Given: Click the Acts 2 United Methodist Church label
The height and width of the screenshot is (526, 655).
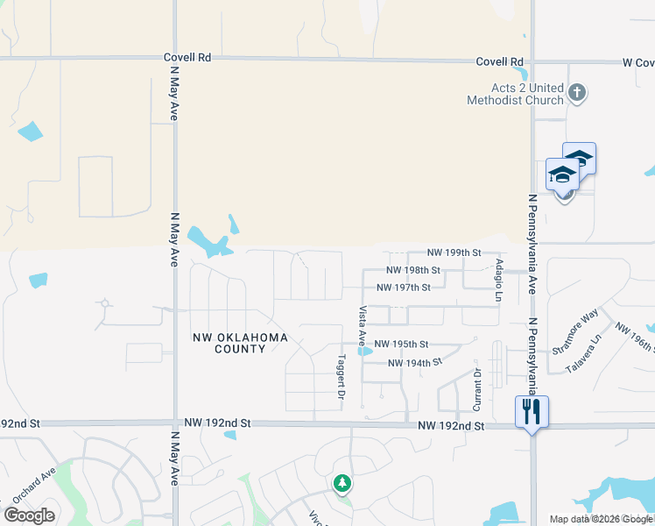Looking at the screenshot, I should (526, 93).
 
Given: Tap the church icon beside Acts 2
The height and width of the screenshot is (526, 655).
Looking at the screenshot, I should (576, 91).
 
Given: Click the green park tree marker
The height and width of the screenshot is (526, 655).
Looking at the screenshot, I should (342, 483).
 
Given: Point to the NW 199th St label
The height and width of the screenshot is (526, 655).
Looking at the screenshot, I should (454, 252).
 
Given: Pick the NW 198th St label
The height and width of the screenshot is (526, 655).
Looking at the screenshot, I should (413, 271).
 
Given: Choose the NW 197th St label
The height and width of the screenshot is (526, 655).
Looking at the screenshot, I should (404, 288).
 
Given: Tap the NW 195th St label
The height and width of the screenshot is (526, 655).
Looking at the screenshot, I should (401, 345).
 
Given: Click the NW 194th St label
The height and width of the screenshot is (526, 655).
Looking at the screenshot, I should (414, 362).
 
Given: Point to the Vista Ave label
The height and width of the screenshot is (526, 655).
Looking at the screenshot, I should (362, 324).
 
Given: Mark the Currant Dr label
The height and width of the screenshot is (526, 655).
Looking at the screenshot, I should (477, 390).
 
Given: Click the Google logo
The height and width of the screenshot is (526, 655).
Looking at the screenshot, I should (30, 515).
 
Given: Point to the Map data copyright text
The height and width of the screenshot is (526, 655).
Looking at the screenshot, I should (601, 519).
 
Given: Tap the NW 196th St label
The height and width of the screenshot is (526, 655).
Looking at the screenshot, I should (635, 338).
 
